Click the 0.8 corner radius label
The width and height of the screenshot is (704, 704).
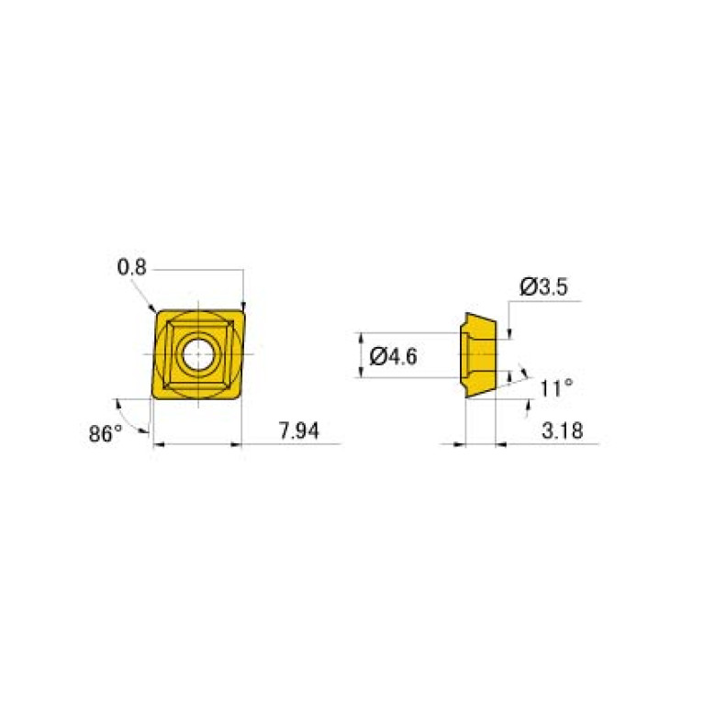point(131,268)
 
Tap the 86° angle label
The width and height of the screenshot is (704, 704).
point(106,433)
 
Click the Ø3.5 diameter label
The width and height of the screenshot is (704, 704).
point(544,287)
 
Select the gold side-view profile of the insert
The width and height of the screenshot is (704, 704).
point(479,354)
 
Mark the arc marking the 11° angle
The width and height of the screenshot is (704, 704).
point(525,374)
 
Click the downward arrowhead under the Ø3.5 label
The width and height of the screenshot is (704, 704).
point(508,333)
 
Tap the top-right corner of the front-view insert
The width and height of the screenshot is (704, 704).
point(242,310)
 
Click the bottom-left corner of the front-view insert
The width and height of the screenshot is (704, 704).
point(153,397)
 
